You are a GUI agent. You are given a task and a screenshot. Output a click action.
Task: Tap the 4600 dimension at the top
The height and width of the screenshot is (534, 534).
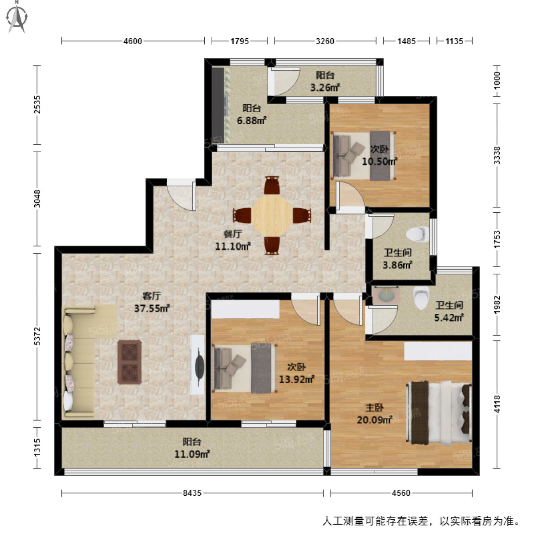(133, 41)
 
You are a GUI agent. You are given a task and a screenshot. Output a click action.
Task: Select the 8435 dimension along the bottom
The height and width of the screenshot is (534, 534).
(192, 493)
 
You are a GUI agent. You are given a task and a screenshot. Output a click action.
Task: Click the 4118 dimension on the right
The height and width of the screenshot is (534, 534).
(497, 404)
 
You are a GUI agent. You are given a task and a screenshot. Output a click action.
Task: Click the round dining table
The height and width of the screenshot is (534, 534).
(271, 216)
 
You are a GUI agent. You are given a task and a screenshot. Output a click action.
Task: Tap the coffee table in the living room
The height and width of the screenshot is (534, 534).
(129, 362)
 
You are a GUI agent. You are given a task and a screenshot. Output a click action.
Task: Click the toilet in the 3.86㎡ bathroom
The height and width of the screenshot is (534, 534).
(417, 233)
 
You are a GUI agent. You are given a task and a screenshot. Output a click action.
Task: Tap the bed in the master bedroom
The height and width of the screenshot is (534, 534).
(439, 412)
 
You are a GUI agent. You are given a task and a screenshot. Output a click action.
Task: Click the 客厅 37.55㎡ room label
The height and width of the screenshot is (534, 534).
(152, 302)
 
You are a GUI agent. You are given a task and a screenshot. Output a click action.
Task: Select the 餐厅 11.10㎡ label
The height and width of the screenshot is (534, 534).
(233, 240)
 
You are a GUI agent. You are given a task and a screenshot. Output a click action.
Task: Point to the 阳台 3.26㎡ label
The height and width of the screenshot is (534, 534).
(325, 81)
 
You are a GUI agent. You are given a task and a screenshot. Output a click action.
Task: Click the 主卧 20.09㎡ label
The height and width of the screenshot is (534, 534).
(374, 414)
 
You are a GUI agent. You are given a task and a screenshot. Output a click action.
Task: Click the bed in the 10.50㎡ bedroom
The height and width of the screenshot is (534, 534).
(363, 155)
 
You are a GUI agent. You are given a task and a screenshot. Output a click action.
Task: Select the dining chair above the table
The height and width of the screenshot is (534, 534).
(271, 185)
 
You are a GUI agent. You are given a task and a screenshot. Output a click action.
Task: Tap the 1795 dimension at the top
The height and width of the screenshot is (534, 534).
(239, 41)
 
